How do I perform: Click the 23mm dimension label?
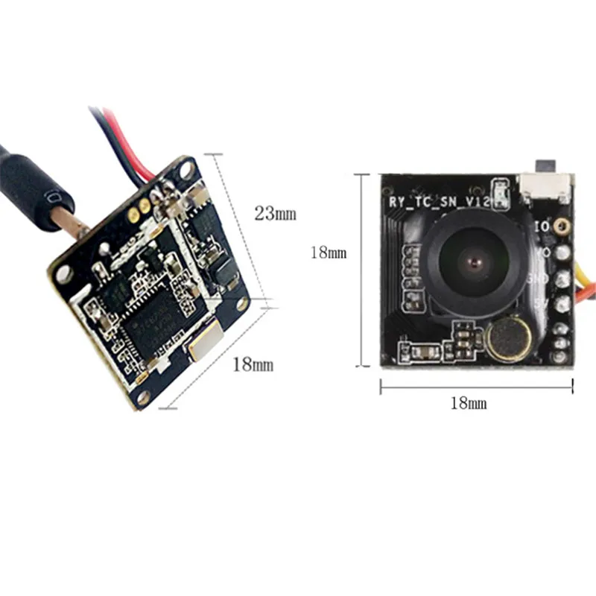[x=276, y=213]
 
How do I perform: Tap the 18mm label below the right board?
[x=469, y=404]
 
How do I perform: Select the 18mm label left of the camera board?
[x=329, y=253]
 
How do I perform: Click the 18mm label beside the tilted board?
[x=253, y=364]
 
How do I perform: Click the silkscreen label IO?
[x=542, y=225]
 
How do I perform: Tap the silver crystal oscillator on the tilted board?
[x=202, y=345]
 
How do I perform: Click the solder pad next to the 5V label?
[x=562, y=303]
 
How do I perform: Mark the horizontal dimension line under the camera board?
[x=477, y=386]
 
